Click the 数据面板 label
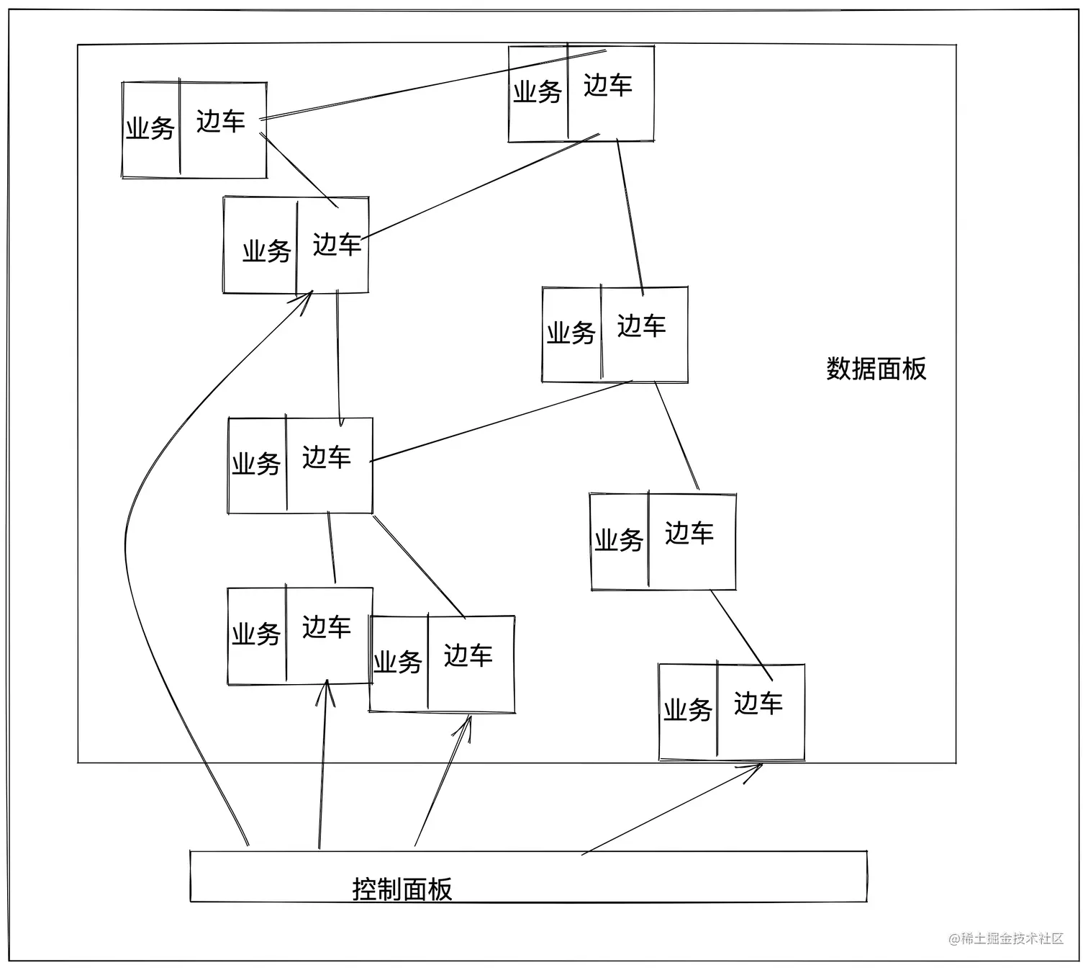coord(876,369)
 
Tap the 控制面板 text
coord(402,889)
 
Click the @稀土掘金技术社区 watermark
coord(1005,938)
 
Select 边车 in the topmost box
coord(607,86)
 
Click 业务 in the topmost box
coord(537,92)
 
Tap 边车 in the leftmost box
coord(220,122)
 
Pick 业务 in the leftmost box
coord(150,129)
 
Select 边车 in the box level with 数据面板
coord(641,326)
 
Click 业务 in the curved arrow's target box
coord(266,251)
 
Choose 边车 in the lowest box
coord(758,704)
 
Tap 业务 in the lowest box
coord(687,710)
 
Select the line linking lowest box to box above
coord(741,634)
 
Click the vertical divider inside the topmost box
coord(568,92)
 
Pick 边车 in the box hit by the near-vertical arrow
coord(326,627)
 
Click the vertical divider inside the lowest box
coord(717,709)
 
